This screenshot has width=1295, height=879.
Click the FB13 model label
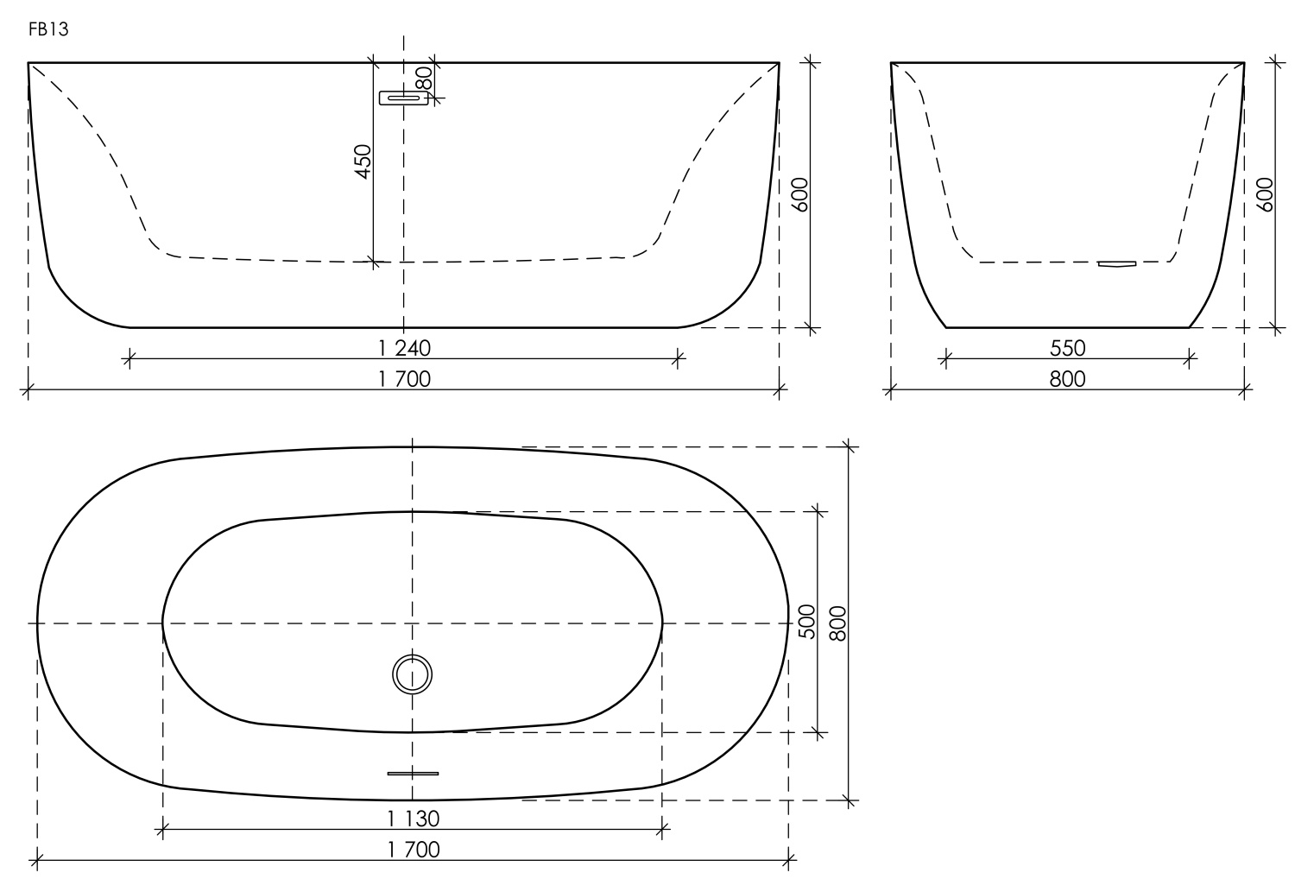48,30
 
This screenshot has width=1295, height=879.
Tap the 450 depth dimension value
363,161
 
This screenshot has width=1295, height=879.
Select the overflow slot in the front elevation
404,98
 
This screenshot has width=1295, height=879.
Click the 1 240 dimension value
404,348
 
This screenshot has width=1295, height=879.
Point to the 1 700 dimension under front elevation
404,379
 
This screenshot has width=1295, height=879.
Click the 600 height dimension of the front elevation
799,195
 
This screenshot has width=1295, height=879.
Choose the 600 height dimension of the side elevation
1264,195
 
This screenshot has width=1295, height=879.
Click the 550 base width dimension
1068,348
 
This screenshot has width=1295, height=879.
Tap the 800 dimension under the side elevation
1068,379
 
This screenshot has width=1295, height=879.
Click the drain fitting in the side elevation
1116,264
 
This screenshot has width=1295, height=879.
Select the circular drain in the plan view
412,673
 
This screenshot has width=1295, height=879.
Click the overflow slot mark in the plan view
413,773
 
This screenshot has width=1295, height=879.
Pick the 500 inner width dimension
807,621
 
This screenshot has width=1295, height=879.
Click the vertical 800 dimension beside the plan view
837,623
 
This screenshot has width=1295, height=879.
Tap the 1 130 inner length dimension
413,818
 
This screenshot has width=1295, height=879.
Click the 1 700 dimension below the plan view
413,850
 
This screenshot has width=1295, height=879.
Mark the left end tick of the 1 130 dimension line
163,831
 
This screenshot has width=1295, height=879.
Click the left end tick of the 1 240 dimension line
129,357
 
